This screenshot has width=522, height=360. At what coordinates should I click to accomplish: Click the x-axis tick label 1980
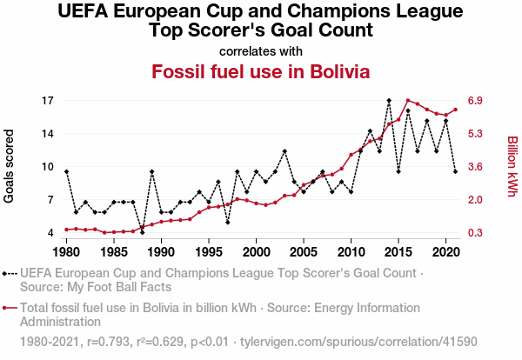click(66, 252)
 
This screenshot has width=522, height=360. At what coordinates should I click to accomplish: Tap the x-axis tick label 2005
click(303, 252)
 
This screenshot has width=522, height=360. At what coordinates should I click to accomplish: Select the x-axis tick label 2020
click(445, 252)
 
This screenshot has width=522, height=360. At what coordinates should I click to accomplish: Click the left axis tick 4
click(50, 233)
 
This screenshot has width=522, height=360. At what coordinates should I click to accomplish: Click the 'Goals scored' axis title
click(10, 167)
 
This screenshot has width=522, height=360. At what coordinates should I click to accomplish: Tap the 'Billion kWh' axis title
click(512, 167)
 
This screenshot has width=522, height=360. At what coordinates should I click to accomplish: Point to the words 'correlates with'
click(261, 50)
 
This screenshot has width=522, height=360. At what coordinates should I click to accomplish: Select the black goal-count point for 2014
click(389, 101)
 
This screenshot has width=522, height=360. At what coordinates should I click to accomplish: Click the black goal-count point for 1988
click(142, 232)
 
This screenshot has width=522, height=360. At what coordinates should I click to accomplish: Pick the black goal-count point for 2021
click(455, 171)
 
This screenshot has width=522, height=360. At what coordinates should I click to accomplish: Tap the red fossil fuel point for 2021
click(455, 110)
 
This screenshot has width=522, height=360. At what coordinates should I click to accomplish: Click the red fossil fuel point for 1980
click(66, 230)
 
